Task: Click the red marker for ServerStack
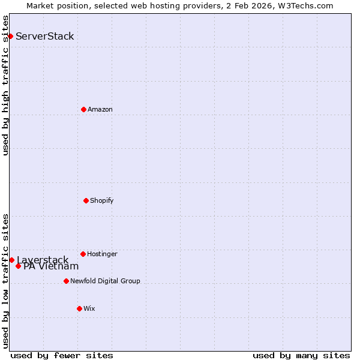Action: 10,36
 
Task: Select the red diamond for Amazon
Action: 83,109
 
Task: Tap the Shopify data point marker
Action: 86,200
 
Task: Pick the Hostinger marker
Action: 83,254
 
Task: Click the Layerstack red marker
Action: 11,260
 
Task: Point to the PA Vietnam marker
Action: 18,266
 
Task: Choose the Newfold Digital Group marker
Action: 66,281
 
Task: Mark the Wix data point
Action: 79,308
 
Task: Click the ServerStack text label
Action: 45,36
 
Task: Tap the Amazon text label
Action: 100,109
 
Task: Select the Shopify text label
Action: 102,200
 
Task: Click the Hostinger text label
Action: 102,254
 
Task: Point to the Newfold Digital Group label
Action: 105,281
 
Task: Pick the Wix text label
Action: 89,308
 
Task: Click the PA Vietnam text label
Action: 51,266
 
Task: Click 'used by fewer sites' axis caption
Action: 62,355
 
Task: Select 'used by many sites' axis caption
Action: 301,355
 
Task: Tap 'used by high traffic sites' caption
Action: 5,85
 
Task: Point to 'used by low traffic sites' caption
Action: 5,280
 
